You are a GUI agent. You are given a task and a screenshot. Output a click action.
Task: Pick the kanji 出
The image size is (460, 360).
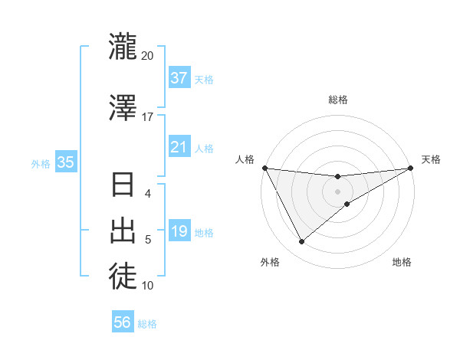pyautogui.click(x=123, y=229)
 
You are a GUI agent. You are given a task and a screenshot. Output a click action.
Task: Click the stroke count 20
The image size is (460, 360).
pyautogui.click(x=147, y=56)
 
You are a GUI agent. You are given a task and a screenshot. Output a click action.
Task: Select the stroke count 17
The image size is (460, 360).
pyautogui.click(x=147, y=117)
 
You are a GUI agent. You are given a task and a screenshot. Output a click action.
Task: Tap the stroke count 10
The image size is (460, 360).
pyautogui.click(x=147, y=286)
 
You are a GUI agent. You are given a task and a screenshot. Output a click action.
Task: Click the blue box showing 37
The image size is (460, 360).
pyautogui.click(x=179, y=78)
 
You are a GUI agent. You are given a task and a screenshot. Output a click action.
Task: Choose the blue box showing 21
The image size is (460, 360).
pyautogui.click(x=179, y=147)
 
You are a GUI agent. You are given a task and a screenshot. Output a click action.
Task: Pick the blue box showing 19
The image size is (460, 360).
pyautogui.click(x=179, y=231)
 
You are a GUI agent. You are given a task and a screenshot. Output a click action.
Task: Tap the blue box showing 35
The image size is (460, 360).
pyautogui.click(x=65, y=162)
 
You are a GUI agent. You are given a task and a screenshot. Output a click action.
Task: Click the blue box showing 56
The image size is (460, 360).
pyautogui.click(x=123, y=323)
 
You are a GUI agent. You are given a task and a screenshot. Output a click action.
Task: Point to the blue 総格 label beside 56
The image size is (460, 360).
pyautogui.click(x=147, y=324)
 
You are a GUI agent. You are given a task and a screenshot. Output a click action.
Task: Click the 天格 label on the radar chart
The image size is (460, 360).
pyautogui.click(x=431, y=159)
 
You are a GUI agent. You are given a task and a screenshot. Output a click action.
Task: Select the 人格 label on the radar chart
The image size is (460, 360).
pyautogui.click(x=245, y=159)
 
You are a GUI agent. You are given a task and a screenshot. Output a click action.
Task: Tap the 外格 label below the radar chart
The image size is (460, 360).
pyautogui.click(x=270, y=262)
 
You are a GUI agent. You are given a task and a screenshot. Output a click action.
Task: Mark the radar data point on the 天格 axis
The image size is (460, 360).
pyautogui.click(x=411, y=168)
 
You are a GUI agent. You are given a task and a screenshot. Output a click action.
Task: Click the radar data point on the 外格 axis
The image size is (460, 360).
pyautogui.click(x=301, y=242)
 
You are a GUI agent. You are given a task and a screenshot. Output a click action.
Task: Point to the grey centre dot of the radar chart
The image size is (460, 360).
pyautogui.click(x=337, y=191)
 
